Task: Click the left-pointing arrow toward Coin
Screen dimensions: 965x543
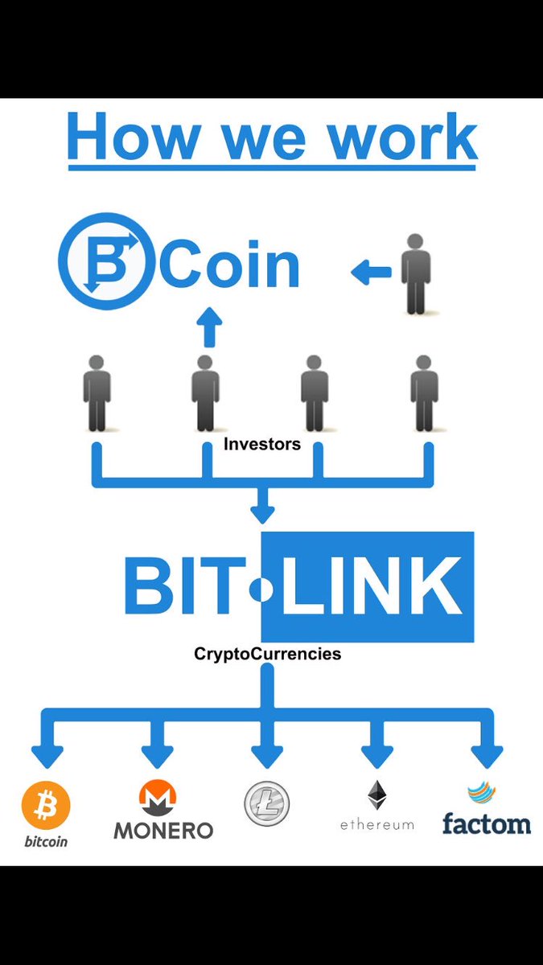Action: click(x=370, y=273)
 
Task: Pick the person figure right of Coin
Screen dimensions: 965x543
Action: click(x=415, y=273)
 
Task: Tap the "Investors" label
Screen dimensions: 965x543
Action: click(x=262, y=444)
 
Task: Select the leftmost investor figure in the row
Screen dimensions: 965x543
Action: click(x=97, y=393)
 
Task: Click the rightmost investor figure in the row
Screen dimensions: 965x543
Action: click(x=423, y=393)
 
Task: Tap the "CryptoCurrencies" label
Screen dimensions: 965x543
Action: click(x=268, y=654)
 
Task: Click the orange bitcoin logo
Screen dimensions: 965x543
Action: click(x=46, y=805)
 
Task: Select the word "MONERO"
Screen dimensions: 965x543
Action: click(x=163, y=830)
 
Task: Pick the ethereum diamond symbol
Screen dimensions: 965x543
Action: click(x=376, y=795)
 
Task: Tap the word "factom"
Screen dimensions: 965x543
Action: click(x=487, y=823)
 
